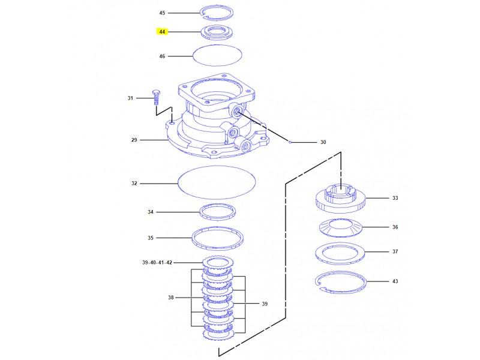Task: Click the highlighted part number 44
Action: coord(162,31)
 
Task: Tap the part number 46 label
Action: coord(162,56)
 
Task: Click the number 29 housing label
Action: coord(134,140)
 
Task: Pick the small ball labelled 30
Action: coord(289,143)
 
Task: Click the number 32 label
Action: coord(134,184)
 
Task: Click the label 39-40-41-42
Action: coord(157,263)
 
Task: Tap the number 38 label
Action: coord(170,298)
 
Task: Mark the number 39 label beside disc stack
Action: coord(264,304)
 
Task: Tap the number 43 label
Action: coord(395,281)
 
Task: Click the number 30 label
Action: coord(323,143)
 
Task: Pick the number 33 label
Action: coord(395,197)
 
